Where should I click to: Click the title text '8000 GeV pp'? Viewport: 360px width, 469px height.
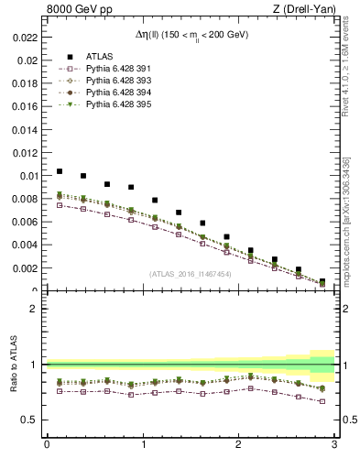click(x=73, y=10)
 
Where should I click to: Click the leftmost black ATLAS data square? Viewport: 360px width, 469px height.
click(x=60, y=171)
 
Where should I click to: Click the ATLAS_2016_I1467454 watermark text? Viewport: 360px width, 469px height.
click(x=191, y=273)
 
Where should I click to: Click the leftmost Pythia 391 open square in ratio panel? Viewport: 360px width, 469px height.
click(x=60, y=391)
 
